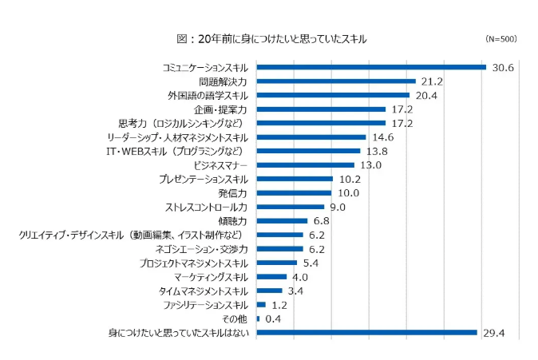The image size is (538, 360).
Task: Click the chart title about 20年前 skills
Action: click(271, 38)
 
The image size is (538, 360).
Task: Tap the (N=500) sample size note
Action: click(501, 38)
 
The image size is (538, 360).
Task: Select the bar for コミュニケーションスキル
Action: click(371, 67)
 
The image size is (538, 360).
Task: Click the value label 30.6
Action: click(502, 67)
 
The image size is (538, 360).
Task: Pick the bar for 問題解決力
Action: click(336, 81)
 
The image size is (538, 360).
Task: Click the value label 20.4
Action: click(425, 95)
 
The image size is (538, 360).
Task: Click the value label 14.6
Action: click(382, 136)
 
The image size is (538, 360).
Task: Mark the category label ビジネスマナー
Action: click(221, 164)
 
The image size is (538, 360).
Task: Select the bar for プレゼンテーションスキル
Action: click(295, 179)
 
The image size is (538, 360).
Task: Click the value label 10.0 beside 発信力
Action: click(349, 192)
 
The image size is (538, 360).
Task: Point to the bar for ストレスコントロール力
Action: click(290, 207)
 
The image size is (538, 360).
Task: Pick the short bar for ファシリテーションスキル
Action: click(261, 304)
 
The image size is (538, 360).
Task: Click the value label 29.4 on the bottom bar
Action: click(493, 332)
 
